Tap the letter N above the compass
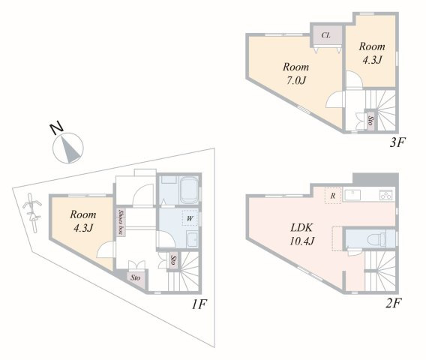57,129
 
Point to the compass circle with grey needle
68,148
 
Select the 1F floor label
199,304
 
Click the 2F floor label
394,303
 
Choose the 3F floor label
397,142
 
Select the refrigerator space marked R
333,196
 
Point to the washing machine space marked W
190,218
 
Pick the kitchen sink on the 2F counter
352,195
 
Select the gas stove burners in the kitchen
385,195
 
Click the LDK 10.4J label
301,235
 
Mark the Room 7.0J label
295,73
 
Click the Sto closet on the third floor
370,120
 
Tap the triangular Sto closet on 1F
136,278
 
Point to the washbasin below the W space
193,240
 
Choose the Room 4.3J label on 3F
372,53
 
